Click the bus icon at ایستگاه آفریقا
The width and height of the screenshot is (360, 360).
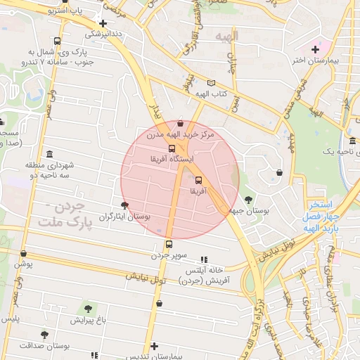point(172,148)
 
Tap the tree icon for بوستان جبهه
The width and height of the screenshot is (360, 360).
point(248,199)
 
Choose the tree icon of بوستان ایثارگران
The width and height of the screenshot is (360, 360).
point(124,205)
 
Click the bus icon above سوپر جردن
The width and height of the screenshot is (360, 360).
point(168,244)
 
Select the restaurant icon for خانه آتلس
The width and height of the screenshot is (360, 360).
point(205,259)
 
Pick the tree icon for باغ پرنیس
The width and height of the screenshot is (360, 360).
point(88,309)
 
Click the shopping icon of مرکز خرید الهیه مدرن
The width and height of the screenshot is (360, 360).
point(180,123)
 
